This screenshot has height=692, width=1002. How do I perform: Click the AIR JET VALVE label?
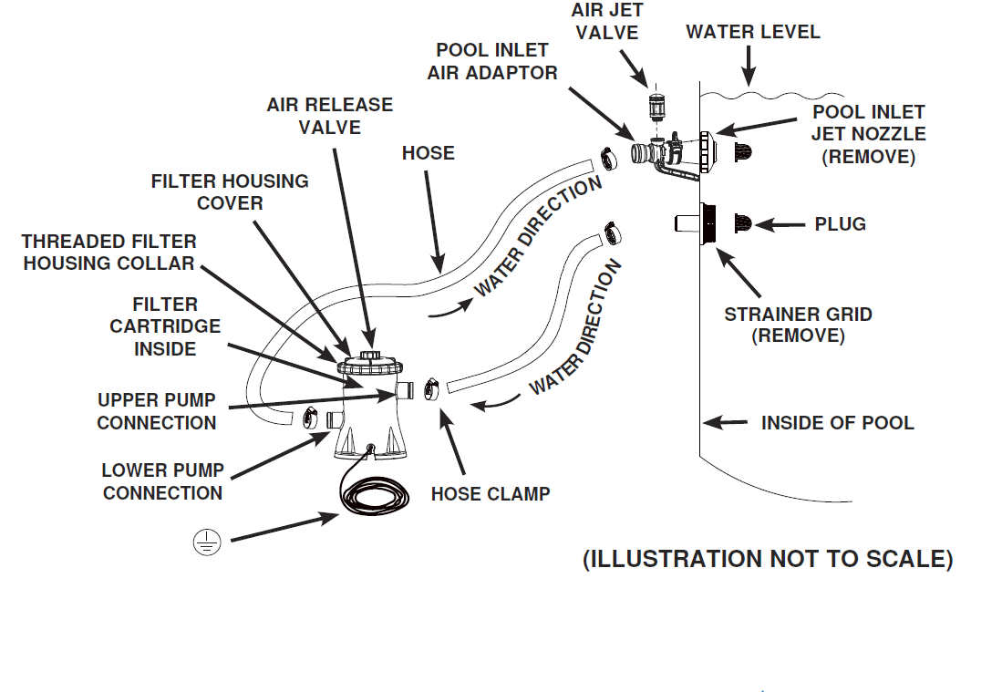pos(606,21)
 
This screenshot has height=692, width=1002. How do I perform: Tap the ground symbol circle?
pos(207,543)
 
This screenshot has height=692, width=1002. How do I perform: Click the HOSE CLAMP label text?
pos(491,494)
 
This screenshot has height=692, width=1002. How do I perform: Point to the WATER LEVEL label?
pos(753,32)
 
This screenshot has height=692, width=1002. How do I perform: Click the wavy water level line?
pos(775,93)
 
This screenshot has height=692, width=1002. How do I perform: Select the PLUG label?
pos(841,224)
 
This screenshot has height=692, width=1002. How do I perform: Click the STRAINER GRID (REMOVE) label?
pos(798,325)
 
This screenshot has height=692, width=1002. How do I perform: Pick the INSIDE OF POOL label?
pos(837,423)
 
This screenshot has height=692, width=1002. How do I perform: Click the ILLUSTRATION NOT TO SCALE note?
pos(768,559)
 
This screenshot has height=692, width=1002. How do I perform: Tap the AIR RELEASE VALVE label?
pos(329,116)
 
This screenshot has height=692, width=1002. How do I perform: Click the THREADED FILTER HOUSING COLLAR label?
pos(108,253)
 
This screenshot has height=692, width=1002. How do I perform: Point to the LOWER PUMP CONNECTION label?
pos(162,481)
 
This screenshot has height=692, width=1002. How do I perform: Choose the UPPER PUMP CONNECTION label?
pos(156,411)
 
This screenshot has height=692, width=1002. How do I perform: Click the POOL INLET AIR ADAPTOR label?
pos(492,61)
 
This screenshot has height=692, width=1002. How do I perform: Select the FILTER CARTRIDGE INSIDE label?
pos(165,325)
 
